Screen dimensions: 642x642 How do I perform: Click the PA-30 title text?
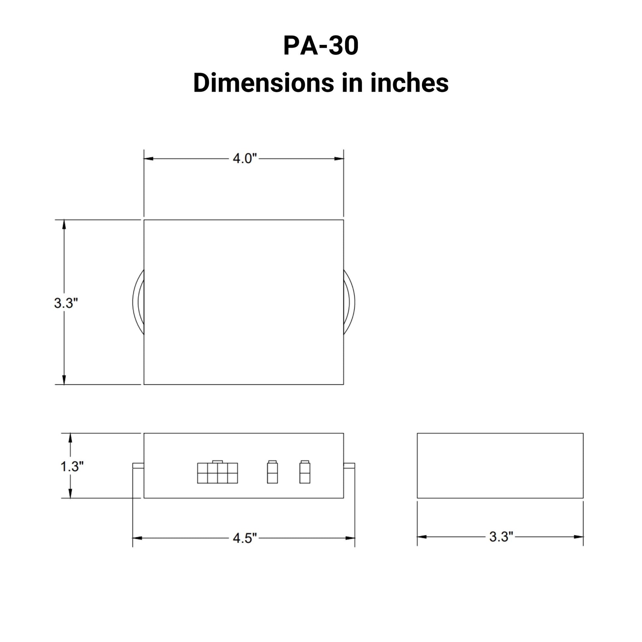point(321,46)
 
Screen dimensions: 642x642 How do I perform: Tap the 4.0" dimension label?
point(245,159)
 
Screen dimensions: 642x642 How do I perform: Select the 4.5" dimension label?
point(245,538)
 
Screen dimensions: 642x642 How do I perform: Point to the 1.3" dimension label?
point(72,466)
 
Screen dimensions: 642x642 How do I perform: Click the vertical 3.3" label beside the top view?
point(66,303)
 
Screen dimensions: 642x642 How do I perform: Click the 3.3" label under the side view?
point(501,537)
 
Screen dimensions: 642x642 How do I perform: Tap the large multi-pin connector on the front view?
point(217,472)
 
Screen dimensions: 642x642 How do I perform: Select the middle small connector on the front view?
point(272,472)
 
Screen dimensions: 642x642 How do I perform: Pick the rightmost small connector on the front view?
point(305,472)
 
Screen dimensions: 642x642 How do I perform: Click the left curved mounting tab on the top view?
point(138,303)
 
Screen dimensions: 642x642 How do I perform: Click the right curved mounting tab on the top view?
point(349,303)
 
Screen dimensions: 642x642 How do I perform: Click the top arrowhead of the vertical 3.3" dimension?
point(64,225)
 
